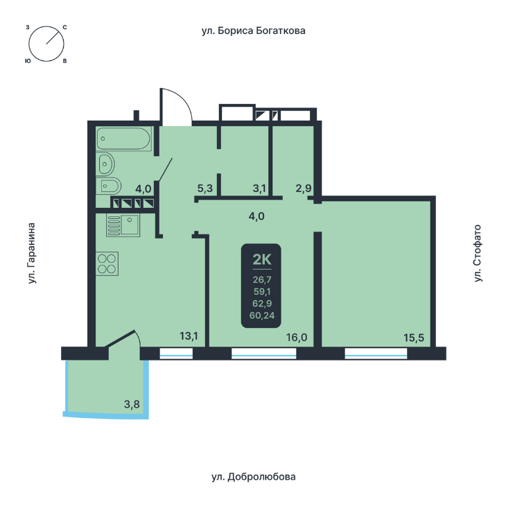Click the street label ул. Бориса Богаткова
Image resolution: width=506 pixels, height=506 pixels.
point(253,31)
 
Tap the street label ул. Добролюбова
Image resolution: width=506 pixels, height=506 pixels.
point(253,477)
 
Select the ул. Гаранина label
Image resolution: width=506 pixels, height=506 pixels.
point(32,254)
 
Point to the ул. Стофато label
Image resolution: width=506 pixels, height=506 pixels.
point(477,254)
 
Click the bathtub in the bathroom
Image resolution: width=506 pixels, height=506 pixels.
point(123,139)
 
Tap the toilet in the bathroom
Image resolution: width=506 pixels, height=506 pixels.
point(109,186)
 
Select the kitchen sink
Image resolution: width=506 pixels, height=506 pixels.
point(123,225)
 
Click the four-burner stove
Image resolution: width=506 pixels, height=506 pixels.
point(107,263)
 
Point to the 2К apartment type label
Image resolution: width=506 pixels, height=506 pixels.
point(261,260)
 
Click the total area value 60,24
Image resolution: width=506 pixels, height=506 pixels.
point(261,316)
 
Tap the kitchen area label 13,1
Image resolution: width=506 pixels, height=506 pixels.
point(189,337)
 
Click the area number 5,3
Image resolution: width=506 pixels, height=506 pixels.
point(205,188)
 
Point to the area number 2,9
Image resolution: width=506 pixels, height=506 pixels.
point(304,188)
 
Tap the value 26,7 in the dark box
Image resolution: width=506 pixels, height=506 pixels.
point(261,280)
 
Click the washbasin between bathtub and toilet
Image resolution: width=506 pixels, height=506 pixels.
point(106,164)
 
